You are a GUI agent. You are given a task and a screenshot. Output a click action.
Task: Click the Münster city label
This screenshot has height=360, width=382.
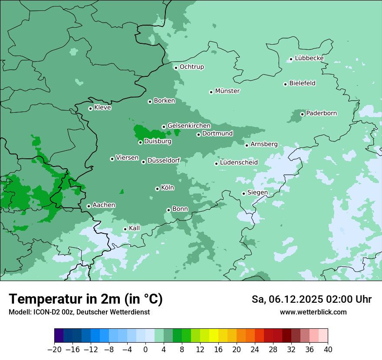pyautogui.click(x=227, y=91)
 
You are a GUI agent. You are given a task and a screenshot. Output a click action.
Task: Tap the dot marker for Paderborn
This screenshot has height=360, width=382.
pyautogui.click(x=303, y=114)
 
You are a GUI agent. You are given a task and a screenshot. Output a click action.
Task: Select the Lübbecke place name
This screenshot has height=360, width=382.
pyautogui.click(x=309, y=58)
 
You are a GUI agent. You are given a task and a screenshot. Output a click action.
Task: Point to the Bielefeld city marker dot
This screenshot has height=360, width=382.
pyautogui.click(x=286, y=84)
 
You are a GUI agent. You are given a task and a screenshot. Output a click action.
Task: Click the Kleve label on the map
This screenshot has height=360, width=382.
pyautogui.click(x=102, y=108)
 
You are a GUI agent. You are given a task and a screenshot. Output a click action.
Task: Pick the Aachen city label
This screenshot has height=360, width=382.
pyautogui.click(x=104, y=205)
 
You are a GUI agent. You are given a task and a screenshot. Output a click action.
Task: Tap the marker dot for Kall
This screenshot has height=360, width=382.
pyautogui.click(x=125, y=229)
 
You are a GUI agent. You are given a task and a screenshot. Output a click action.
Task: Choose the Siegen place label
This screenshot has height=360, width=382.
pyautogui.click(x=257, y=193)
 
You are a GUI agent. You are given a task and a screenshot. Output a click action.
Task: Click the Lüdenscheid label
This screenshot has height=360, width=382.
pyautogui.click(x=239, y=163)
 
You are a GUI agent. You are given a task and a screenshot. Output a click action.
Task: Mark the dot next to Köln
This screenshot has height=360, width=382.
pyautogui.click(x=157, y=189)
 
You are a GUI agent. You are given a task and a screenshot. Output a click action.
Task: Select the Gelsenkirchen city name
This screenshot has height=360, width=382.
pyautogui.click(x=189, y=126)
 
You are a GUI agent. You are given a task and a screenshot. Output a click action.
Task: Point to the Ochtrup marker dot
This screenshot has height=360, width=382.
pyautogui.click(x=176, y=67)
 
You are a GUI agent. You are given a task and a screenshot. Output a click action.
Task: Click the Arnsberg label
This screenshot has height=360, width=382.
pyautogui.click(x=264, y=144)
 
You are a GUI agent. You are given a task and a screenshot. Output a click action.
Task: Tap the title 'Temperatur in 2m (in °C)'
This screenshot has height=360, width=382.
pyautogui.click(x=86, y=299)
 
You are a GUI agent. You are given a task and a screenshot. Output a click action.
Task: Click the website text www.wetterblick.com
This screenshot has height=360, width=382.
pyautogui.click(x=313, y=312)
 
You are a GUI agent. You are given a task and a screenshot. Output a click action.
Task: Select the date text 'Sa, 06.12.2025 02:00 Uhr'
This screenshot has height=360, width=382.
pyautogui.click(x=311, y=299)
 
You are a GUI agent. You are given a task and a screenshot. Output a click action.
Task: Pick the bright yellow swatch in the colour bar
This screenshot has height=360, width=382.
pyautogui.click(x=214, y=336)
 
